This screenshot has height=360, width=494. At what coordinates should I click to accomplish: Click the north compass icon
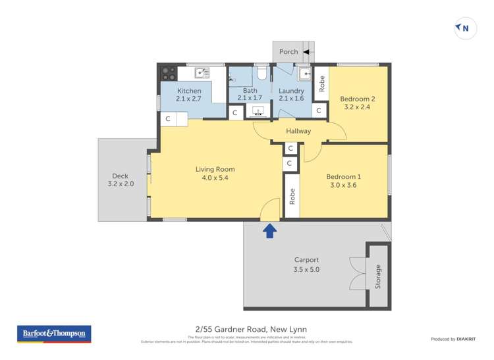point(465,28)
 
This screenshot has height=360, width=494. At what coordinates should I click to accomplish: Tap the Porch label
point(288,51)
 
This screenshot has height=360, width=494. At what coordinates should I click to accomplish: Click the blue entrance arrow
point(269,230)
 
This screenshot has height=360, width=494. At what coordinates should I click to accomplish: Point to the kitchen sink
point(202,72)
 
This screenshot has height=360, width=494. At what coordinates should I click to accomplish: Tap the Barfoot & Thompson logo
point(54,334)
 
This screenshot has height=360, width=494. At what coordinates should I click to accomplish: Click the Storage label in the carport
point(378,276)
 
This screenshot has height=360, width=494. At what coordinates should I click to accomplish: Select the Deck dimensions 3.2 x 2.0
point(121,184)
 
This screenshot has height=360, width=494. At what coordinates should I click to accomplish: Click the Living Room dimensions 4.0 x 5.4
point(215,178)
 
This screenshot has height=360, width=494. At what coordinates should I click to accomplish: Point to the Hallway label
point(298,131)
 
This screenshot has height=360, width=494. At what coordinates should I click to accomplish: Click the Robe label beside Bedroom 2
point(321,84)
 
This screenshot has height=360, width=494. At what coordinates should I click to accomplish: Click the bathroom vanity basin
point(259,111)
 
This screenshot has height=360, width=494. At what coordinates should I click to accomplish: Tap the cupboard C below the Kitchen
point(168,119)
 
